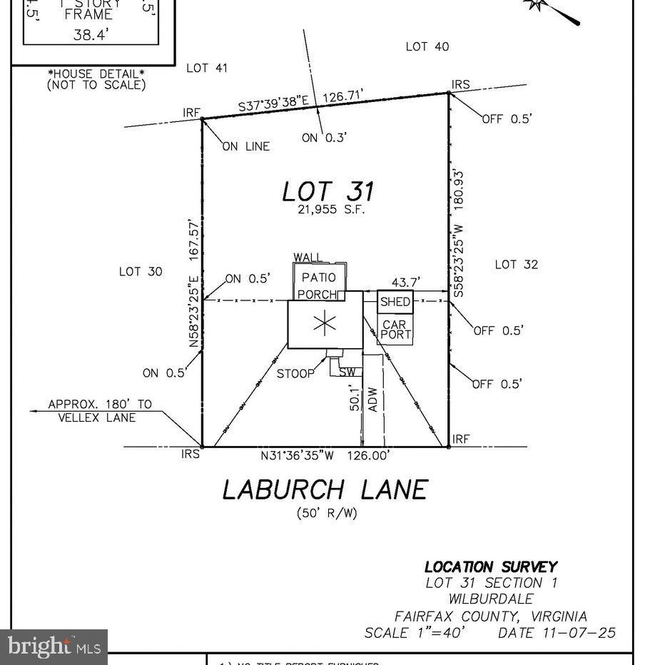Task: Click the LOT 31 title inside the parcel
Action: coord(328,191)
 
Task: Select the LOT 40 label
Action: coord(427,46)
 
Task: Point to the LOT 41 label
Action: coord(207,68)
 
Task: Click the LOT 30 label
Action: coord(141,271)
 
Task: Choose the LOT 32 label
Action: coord(516,265)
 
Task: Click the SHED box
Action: coord(395,302)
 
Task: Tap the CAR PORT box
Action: coord(395,330)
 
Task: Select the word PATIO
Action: coord(318,278)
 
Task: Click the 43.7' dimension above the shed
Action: coord(402,283)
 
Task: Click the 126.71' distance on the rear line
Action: coord(344,96)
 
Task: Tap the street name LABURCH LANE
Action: coord(325,489)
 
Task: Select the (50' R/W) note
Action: coord(326,512)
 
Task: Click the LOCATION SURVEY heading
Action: coord(491,567)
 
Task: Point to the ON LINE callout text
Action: coord(246,146)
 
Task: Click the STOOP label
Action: coord(295,374)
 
